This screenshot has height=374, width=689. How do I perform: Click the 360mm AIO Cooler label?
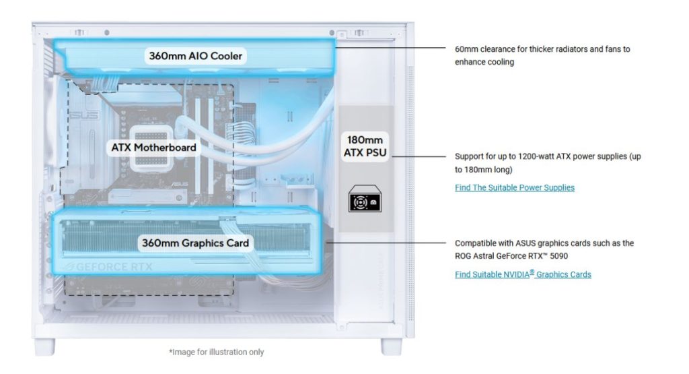(196, 56)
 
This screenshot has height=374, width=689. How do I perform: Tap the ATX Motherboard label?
(153, 148)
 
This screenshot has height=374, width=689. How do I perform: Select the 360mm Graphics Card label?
(195, 243)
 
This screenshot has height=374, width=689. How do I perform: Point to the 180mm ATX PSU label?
(365, 146)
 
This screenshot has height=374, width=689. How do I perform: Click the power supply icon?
(365, 198)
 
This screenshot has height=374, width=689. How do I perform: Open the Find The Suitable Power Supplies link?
(515, 187)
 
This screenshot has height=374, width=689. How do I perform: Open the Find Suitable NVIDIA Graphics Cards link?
(523, 274)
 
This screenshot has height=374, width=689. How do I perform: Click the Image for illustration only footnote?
(216, 352)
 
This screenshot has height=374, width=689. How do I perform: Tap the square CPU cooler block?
(151, 148)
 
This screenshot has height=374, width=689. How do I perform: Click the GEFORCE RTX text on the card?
(114, 267)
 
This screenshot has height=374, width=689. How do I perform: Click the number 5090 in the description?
(559, 255)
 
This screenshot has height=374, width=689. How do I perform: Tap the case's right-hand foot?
(391, 346)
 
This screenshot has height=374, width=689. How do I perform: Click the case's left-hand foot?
(45, 346)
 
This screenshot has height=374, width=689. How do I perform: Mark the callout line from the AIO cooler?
(391, 48)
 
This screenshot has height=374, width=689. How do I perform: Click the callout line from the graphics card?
(386, 243)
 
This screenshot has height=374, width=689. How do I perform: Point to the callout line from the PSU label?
(419, 156)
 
